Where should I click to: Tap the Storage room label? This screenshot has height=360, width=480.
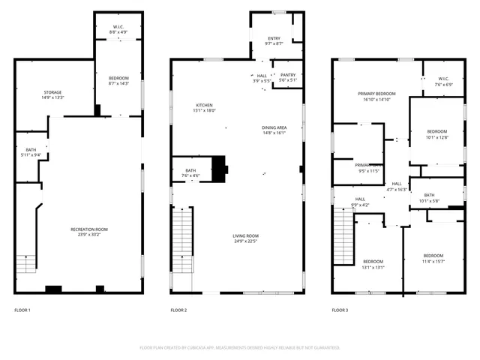[52, 92]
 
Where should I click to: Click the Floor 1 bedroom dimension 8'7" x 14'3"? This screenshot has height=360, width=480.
[118, 84]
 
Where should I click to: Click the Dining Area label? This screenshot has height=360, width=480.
[274, 127]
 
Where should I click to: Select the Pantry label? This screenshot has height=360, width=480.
[287, 75]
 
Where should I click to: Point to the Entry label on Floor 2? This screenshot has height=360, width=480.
[274, 38]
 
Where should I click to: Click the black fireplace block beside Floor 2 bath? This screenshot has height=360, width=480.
[220, 169]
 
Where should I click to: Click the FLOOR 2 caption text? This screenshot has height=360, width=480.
[178, 310]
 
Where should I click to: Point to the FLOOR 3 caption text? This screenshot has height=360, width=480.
[340, 310]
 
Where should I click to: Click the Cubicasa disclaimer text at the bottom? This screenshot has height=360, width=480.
[240, 347]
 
